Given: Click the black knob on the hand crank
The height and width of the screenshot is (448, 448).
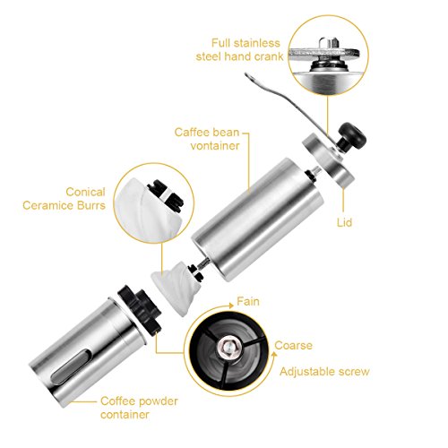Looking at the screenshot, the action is [x=352, y=137].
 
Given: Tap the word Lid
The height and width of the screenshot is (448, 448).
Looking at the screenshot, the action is [x=344, y=222].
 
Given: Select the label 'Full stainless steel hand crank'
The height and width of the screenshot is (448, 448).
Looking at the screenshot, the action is [x=239, y=49].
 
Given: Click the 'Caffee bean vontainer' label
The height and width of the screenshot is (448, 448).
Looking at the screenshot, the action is [x=207, y=139].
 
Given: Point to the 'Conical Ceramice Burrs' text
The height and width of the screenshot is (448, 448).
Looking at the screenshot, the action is [x=64, y=199].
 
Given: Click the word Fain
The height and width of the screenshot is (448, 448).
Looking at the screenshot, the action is [x=248, y=301].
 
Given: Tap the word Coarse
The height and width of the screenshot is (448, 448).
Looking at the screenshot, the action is [x=293, y=346].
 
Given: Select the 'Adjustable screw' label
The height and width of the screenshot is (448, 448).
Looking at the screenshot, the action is [x=324, y=372].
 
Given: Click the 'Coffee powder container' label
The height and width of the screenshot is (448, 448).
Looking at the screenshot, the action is [x=139, y=408].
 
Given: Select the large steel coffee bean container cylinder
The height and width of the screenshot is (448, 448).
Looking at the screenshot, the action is [x=257, y=220].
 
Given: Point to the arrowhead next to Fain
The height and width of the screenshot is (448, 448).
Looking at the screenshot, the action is [x=230, y=306].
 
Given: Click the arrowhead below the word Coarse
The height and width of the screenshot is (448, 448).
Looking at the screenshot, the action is [x=274, y=355].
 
